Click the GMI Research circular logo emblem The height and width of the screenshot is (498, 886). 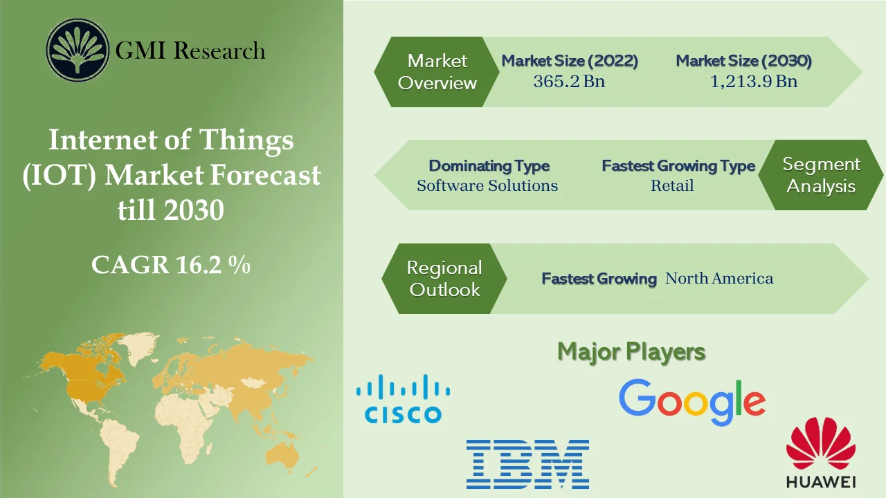click(78, 50)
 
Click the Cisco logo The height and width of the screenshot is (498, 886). click(403, 399)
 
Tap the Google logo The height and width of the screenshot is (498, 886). click(691, 403)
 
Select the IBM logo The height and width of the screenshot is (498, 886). click(527, 464)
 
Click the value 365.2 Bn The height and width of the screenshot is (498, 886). click(569, 82)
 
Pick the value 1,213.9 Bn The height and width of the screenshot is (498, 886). click(753, 82)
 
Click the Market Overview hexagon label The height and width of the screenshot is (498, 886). click(437, 72)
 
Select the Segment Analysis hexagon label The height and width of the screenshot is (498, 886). click(821, 175)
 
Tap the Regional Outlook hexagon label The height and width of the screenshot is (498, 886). click(444, 279)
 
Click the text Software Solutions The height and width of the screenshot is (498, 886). click(487, 185)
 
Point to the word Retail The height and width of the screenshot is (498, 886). click(671, 185)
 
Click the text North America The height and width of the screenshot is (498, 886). click(718, 279)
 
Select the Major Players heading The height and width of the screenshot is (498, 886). click(631, 351)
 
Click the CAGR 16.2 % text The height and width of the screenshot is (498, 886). click(170, 265)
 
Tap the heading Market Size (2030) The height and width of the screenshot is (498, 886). click(743, 61)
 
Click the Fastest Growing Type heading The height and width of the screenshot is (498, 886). click(678, 166)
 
